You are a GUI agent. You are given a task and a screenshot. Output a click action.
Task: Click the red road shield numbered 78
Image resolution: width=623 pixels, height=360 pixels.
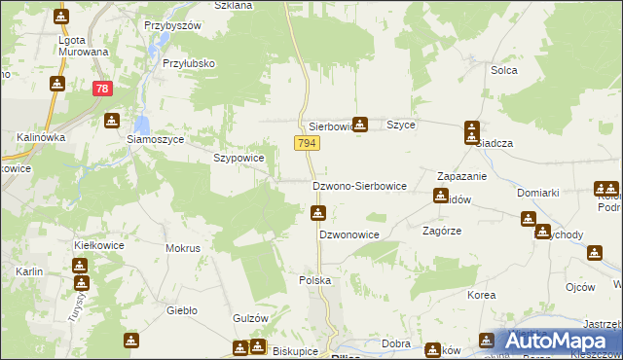pyautogui.click(x=102, y=89)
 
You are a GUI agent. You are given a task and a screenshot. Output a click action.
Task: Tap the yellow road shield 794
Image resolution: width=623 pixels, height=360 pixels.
pyautogui.click(x=307, y=143)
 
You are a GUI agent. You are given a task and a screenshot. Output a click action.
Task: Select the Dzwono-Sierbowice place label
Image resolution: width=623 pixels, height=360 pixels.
pyautogui.click(x=358, y=185)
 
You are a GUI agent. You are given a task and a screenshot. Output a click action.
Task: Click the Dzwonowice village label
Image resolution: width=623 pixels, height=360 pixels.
pyautogui.click(x=348, y=235)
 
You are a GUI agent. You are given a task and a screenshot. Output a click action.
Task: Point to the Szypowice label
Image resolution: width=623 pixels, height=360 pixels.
pyautogui.click(x=238, y=158)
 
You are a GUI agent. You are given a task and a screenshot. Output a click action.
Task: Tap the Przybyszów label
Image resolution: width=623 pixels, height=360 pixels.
pyautogui.click(x=172, y=24)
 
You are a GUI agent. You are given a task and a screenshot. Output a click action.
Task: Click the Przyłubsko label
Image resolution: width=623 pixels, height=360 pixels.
pyautogui.click(x=189, y=63)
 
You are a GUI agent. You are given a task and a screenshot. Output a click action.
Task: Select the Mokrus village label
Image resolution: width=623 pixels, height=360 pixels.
pyautogui.click(x=183, y=248)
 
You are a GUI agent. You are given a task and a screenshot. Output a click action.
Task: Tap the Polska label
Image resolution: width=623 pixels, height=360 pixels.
pyautogui.click(x=314, y=280)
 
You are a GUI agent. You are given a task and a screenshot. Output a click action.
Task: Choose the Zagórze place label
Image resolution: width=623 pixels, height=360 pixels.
pyautogui.click(x=441, y=232)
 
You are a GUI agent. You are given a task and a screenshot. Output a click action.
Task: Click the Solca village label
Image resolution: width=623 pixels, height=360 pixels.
pyautogui.click(x=503, y=70)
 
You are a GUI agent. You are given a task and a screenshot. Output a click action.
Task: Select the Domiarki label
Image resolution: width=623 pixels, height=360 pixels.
pyautogui.click(x=537, y=193)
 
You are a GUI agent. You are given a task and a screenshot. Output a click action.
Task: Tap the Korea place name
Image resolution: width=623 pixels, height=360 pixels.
pyautogui.click(x=481, y=294)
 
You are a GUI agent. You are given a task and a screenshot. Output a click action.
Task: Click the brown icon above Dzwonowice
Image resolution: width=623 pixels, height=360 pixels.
pyautogui.click(x=317, y=213)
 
